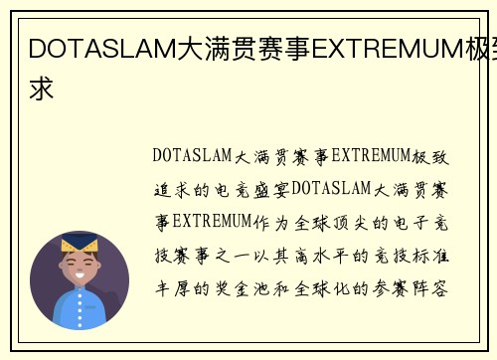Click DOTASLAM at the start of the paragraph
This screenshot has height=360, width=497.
click(x=192, y=155)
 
